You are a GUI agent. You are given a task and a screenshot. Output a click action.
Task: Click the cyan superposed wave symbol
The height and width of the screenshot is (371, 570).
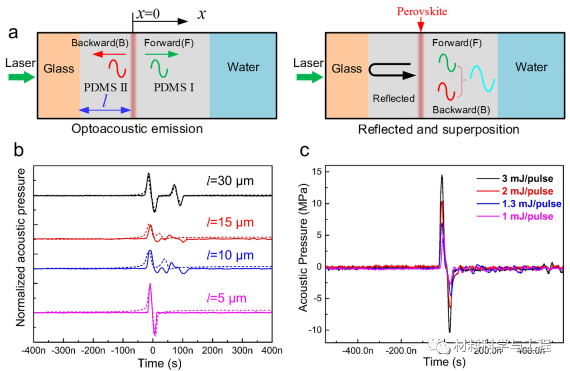tap(483, 78)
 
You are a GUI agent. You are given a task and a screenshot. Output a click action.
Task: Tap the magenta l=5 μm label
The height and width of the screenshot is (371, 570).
tap(231, 298)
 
